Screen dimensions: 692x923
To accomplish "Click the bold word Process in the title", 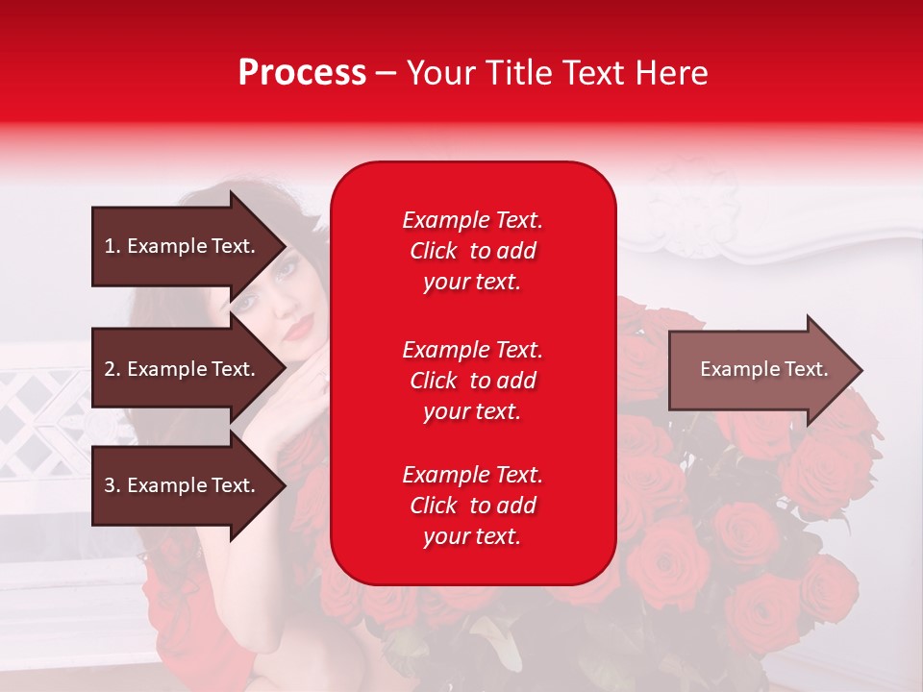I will [302, 73].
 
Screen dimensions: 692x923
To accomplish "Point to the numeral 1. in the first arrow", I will [112, 246].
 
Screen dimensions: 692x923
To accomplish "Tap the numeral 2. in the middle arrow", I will [112, 369].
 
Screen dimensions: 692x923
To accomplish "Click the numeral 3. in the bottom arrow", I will [112, 485].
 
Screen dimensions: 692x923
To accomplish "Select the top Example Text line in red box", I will [472, 220].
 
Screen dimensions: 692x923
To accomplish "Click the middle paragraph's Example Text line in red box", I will [472, 350].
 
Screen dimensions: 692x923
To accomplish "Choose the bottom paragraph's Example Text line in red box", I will [472, 475].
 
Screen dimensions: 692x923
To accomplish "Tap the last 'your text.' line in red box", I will [472, 537].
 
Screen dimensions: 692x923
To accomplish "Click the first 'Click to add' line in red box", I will [472, 251].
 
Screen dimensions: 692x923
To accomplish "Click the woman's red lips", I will [299, 330].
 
